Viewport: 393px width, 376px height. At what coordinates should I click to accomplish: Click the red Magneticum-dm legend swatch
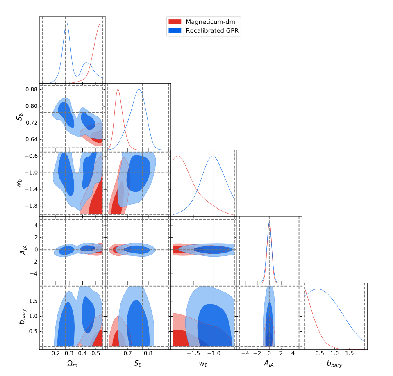click(x=175, y=22)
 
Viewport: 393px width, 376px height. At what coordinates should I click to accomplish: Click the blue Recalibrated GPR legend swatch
click(x=175, y=31)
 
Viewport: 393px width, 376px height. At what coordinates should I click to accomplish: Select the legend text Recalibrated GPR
click(x=212, y=31)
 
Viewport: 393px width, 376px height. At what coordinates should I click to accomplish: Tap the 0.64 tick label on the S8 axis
click(x=31, y=139)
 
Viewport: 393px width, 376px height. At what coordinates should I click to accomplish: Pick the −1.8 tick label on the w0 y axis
click(x=31, y=206)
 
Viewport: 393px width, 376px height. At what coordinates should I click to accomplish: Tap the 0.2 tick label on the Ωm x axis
click(x=56, y=353)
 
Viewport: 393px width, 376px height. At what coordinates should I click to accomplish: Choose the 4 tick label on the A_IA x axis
click(x=293, y=353)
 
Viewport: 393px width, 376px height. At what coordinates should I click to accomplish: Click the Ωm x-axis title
click(x=72, y=363)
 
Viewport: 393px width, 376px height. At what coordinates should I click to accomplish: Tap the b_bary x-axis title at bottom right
click(x=334, y=364)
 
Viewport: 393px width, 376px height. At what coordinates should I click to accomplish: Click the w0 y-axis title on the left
click(x=19, y=183)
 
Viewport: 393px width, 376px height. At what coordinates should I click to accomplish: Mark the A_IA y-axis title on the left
click(x=23, y=250)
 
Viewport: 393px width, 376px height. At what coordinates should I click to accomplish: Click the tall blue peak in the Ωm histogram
click(x=66, y=23)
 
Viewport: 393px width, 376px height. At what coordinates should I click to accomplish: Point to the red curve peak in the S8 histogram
click(x=118, y=90)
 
